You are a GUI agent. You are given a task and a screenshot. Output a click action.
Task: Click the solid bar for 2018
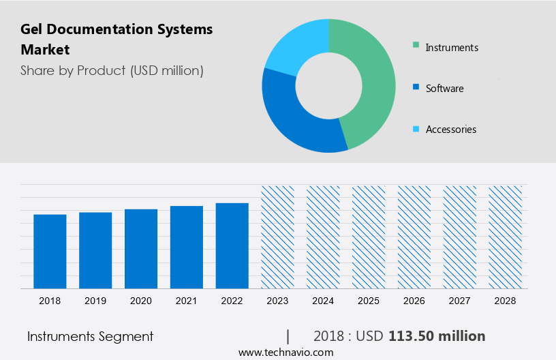click(x=50, y=251)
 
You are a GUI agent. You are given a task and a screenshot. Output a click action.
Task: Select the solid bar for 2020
click(x=141, y=248)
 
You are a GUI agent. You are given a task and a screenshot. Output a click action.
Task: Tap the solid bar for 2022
click(x=232, y=245)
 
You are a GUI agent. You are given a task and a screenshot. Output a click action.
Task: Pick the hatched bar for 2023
click(x=278, y=237)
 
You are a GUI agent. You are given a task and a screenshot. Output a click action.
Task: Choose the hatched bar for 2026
click(x=414, y=237)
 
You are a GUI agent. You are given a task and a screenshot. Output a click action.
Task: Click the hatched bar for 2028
click(x=506, y=237)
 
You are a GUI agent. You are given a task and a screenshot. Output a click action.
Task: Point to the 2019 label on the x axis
click(x=95, y=301)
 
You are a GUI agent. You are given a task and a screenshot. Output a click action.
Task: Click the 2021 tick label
click(x=187, y=301)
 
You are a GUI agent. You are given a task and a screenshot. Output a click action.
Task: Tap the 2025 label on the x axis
click(x=369, y=301)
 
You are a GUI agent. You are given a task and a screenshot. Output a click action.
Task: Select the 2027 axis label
click(x=460, y=301)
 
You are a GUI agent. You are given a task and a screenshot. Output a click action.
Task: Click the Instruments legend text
click(x=452, y=48)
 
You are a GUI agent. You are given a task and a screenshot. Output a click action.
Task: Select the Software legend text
click(x=444, y=89)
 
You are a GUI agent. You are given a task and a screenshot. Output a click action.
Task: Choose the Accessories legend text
click(x=451, y=130)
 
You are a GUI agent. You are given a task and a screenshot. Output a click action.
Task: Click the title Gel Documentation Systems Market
click(x=117, y=40)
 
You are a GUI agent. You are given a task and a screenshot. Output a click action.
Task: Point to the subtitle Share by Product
click(x=112, y=70)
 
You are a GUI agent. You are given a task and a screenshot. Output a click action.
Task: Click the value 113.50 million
click(x=437, y=336)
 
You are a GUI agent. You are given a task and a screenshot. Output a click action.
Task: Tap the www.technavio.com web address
click(x=286, y=352)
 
